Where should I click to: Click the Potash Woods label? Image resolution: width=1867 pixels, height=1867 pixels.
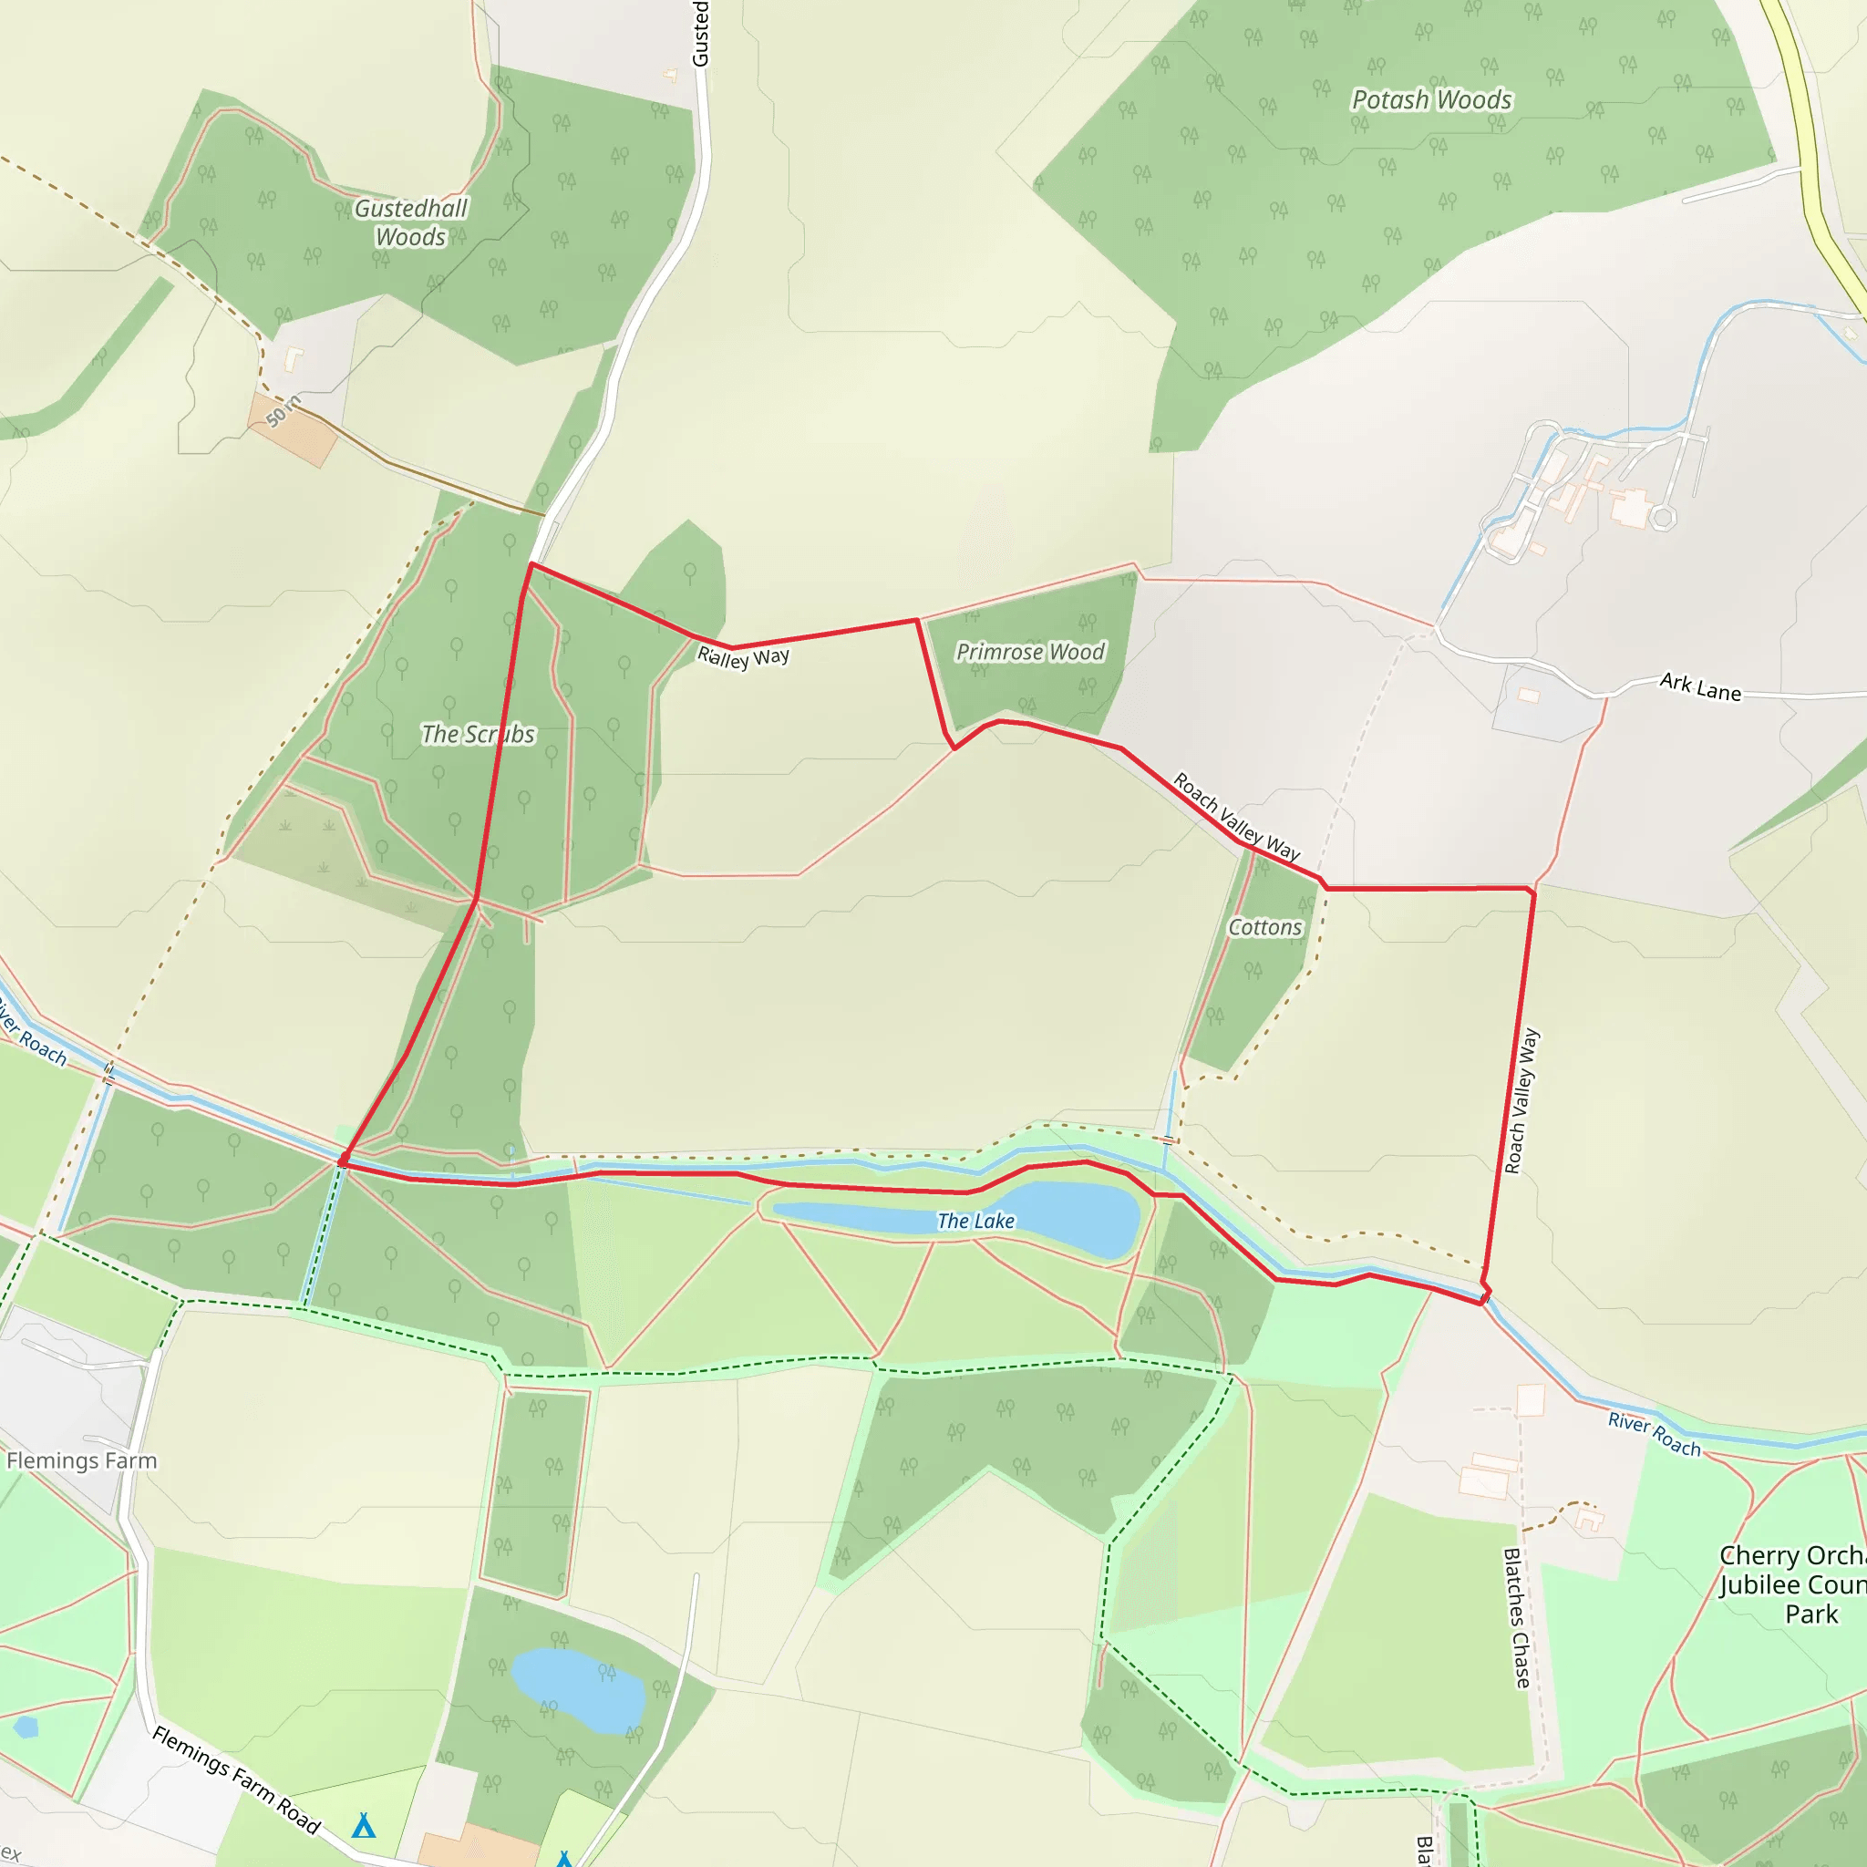tap(1431, 99)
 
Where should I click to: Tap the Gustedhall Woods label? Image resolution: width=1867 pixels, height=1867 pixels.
tap(411, 222)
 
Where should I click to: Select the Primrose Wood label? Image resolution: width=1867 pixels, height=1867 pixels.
tap(1030, 653)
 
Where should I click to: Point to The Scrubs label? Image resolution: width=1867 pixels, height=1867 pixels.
tap(478, 735)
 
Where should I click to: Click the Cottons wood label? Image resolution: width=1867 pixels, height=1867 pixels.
tap(1265, 928)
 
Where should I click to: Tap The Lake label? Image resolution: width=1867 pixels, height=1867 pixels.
tap(976, 1222)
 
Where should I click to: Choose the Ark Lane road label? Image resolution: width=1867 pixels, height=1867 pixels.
tap(1700, 687)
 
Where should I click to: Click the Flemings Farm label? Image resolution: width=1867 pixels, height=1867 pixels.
tap(81, 1461)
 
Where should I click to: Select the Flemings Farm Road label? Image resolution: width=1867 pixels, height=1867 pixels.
tap(236, 1780)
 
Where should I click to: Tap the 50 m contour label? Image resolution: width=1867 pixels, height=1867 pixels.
tap(284, 411)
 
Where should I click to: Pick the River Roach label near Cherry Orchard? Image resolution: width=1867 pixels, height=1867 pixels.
tap(1654, 1434)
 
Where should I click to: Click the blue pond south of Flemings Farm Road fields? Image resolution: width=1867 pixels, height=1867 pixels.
tap(577, 1690)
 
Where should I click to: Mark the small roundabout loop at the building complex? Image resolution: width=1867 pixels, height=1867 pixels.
tap(1662, 518)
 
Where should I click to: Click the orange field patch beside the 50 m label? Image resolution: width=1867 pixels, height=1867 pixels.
tap(292, 431)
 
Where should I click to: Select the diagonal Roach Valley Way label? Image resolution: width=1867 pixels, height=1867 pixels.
tap(1236, 817)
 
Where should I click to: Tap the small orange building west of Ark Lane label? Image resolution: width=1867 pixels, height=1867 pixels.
tap(1528, 695)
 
